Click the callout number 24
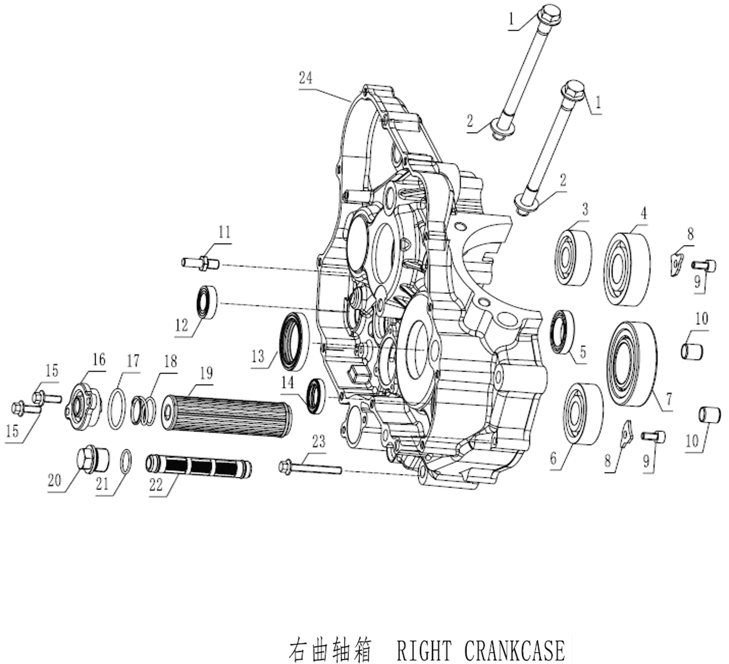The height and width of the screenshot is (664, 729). (x=306, y=78)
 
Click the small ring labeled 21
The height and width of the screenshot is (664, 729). (x=126, y=461)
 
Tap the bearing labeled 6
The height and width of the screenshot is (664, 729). (x=584, y=414)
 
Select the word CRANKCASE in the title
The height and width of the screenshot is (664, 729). (x=514, y=651)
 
